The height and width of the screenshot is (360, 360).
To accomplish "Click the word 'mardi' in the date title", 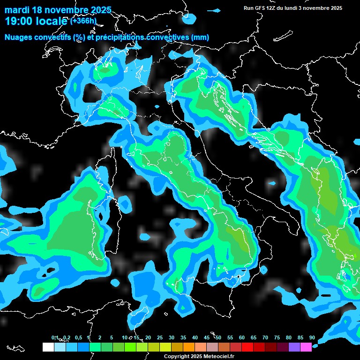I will tap(17, 10).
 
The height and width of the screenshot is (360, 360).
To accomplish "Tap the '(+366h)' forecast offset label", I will tap(83, 21).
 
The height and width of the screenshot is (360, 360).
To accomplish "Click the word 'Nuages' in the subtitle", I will tap(18, 37).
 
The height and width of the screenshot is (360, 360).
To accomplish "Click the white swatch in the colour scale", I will tap(48, 347).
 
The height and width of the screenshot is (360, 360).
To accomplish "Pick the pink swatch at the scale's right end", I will tap(306, 347).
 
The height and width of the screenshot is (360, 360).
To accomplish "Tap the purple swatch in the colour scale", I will tap(294, 347).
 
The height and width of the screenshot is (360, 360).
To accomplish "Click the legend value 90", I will tap(312, 337).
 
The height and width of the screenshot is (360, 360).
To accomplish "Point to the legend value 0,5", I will tap(78, 337).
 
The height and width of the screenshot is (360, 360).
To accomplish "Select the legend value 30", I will tap(172, 337).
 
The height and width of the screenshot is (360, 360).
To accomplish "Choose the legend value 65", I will tap(254, 337).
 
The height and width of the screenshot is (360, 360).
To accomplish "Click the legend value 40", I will tap(195, 337).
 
